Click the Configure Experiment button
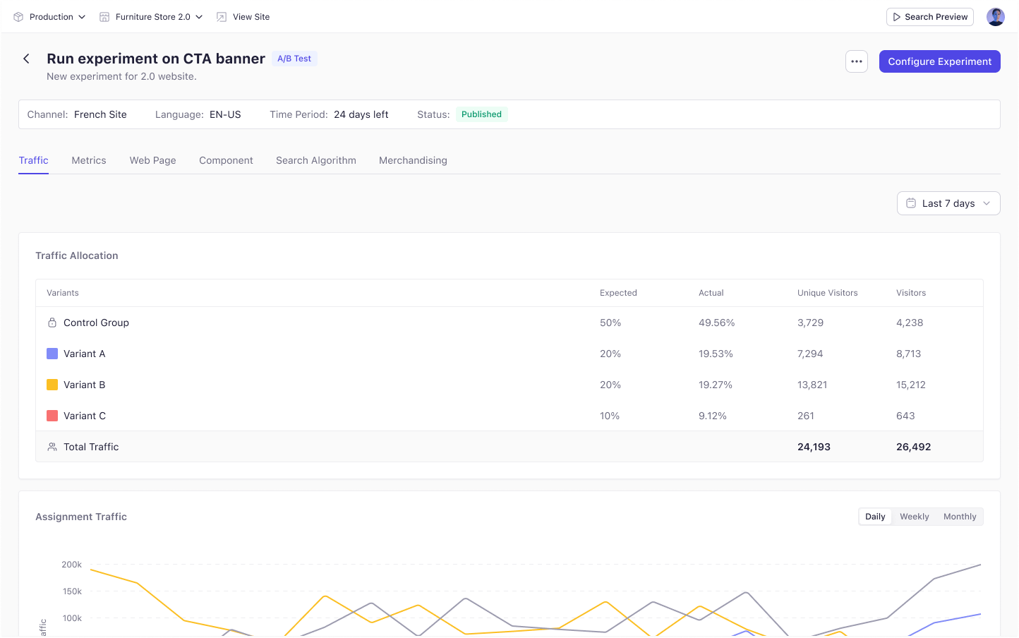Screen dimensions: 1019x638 (x=939, y=61)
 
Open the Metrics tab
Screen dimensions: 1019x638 (x=89, y=160)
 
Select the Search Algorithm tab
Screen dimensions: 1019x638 (x=315, y=160)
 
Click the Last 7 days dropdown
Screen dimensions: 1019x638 (x=948, y=203)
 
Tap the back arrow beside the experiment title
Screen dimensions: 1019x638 (x=26, y=59)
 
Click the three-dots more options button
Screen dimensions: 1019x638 (x=857, y=61)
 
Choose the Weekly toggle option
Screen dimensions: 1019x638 (x=915, y=517)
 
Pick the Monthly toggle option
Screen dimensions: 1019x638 (x=960, y=517)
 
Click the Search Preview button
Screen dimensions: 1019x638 (x=930, y=17)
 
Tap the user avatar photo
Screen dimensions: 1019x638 (x=995, y=17)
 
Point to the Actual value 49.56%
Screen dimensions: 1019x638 (x=716, y=323)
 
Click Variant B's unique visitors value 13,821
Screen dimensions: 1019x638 (x=812, y=385)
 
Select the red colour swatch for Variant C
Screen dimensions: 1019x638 (x=52, y=416)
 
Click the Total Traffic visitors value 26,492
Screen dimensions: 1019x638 (x=913, y=447)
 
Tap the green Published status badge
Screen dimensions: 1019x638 (x=481, y=114)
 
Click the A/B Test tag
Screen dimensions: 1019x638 (x=294, y=59)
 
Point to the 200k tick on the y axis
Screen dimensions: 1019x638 (x=71, y=565)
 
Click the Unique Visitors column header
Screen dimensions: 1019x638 (x=828, y=293)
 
